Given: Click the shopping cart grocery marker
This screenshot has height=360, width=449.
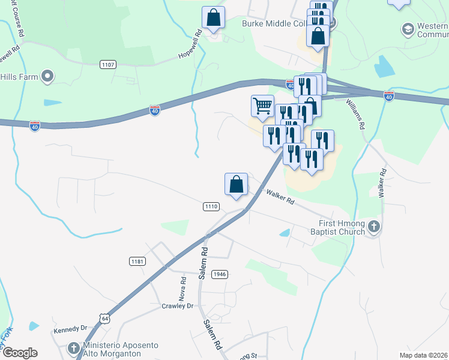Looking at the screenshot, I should [262, 106].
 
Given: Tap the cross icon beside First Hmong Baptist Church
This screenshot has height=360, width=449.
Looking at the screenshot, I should [374, 226].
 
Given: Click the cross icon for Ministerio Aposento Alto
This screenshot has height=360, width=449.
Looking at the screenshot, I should [73, 348].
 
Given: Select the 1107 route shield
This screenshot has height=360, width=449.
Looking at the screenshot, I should [109, 64].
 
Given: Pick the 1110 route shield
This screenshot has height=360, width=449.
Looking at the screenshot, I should [210, 206].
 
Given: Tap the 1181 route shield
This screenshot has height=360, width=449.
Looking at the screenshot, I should [137, 261].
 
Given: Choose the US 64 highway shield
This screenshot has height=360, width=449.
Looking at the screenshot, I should [105, 316].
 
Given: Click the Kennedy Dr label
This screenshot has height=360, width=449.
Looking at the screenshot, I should [71, 329].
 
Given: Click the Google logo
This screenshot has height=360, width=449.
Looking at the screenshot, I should [20, 353].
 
